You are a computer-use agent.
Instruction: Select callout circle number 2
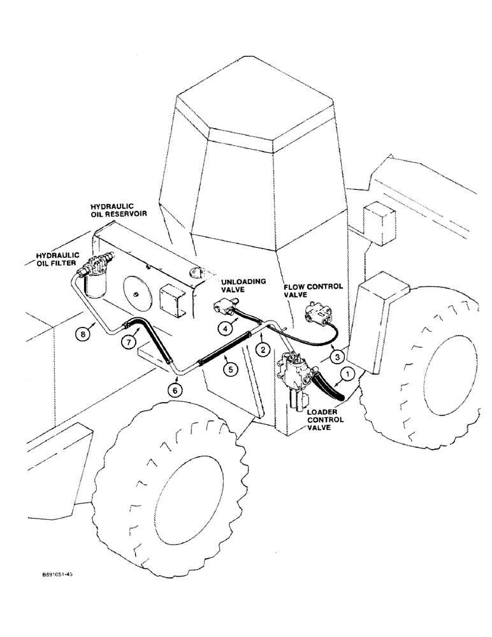click(262, 348)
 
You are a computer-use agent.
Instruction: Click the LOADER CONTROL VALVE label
click(326, 420)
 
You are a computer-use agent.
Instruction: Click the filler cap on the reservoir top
click(198, 273)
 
